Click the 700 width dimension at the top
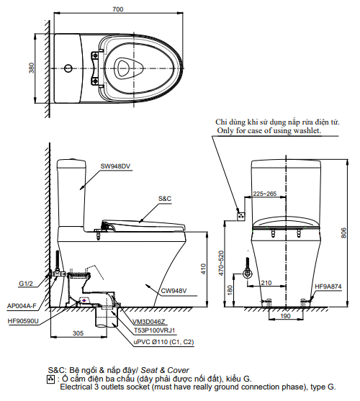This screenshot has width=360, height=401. click(x=118, y=9)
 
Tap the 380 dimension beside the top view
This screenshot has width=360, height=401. click(x=31, y=68)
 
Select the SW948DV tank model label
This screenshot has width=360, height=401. click(x=115, y=166)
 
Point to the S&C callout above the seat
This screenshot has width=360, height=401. click(x=165, y=199)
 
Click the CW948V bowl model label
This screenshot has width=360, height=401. click(x=174, y=291)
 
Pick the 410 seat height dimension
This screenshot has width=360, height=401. click(x=203, y=269)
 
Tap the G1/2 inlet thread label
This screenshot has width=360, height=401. click(x=26, y=284)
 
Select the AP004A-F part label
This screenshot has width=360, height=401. click(x=22, y=305)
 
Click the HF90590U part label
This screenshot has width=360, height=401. click(x=23, y=321)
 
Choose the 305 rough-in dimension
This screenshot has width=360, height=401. click(x=78, y=333)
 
